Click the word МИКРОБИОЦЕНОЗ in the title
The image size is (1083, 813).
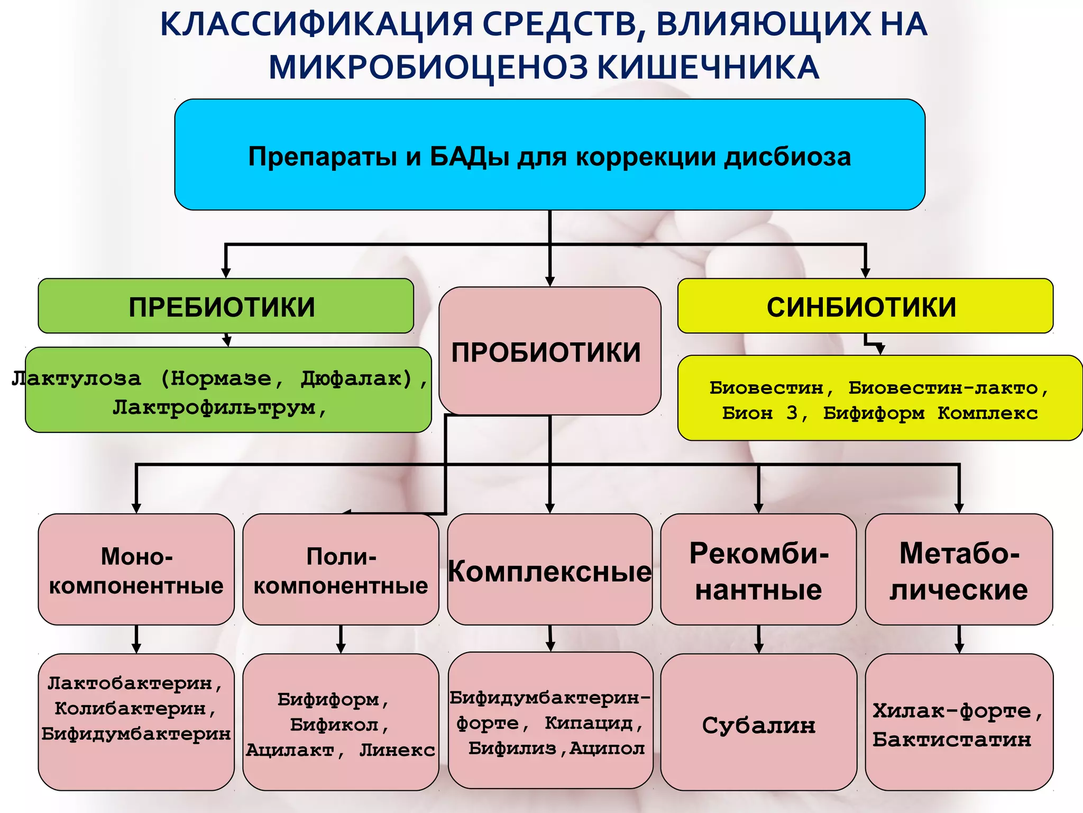pos(428,68)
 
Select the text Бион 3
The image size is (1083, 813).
pos(761,413)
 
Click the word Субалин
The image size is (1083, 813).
pos(758,725)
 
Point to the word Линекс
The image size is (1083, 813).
pos(397,749)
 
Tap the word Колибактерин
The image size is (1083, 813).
pos(130,708)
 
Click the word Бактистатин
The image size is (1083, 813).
pos(952,739)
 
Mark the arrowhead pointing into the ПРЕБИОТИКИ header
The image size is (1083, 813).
pos(226,272)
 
